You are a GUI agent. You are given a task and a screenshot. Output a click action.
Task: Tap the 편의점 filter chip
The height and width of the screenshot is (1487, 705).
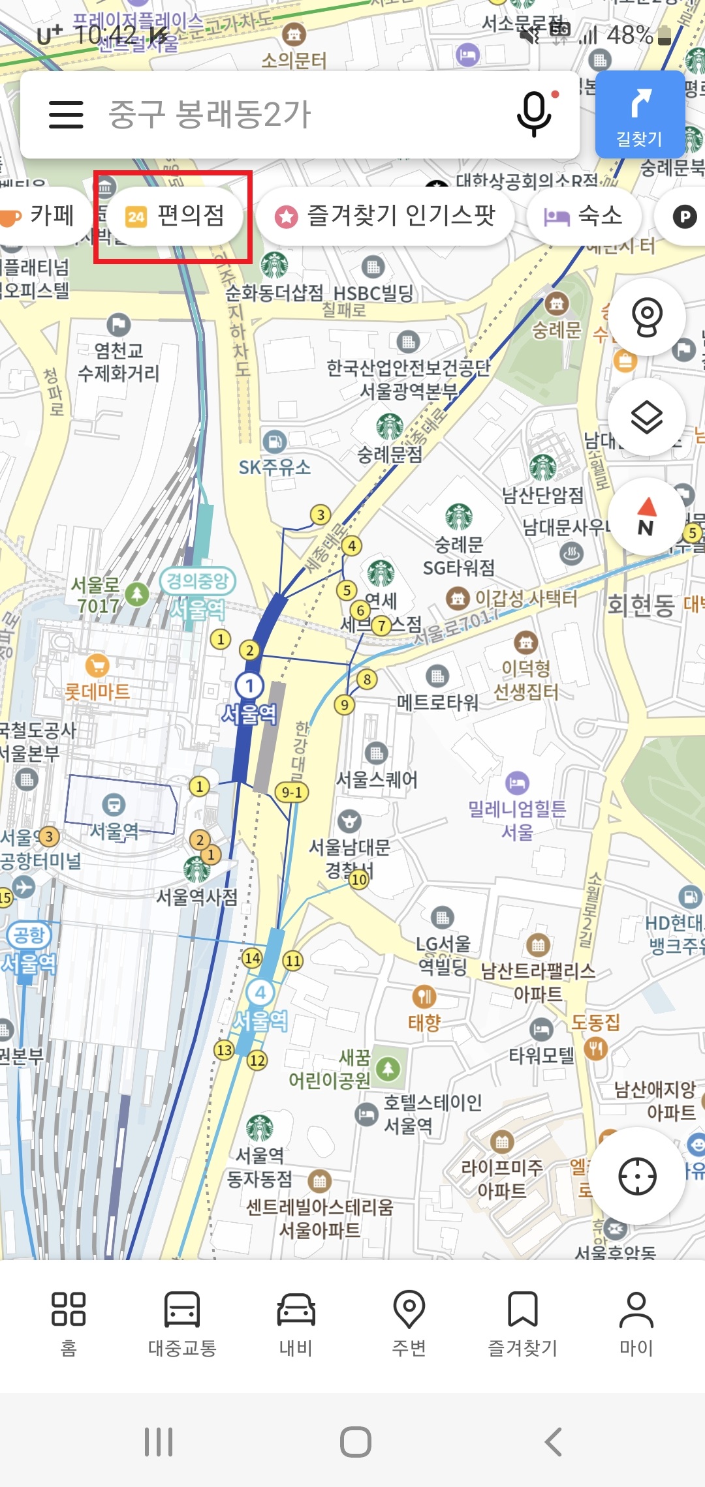pyautogui.click(x=175, y=216)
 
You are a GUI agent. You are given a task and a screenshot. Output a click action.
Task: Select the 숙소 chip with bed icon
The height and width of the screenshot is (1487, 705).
pyautogui.click(x=584, y=216)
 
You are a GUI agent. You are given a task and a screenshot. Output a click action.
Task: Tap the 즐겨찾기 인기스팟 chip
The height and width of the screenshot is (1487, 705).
pyautogui.click(x=385, y=216)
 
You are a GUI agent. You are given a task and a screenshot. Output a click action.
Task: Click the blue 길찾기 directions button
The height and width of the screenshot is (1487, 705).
pyautogui.click(x=640, y=114)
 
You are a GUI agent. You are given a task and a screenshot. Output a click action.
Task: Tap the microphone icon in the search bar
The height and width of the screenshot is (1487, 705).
pyautogui.click(x=534, y=113)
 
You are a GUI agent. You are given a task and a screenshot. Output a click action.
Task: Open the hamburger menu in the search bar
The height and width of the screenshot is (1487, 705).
pyautogui.click(x=66, y=114)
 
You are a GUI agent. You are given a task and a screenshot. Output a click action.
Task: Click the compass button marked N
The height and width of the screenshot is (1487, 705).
pyautogui.click(x=646, y=517)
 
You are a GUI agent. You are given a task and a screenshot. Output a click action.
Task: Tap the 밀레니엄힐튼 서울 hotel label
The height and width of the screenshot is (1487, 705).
pyautogui.click(x=517, y=819)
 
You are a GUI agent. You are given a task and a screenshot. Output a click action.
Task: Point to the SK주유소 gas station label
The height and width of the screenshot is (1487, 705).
pyautogui.click(x=274, y=467)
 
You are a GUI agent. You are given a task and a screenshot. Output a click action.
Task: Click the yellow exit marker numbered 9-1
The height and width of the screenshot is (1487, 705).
pyautogui.click(x=291, y=792)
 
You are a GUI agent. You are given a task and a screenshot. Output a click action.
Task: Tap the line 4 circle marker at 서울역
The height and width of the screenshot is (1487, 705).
pyautogui.click(x=260, y=993)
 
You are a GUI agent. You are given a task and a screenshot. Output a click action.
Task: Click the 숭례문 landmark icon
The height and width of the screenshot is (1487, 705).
pyautogui.click(x=557, y=303)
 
